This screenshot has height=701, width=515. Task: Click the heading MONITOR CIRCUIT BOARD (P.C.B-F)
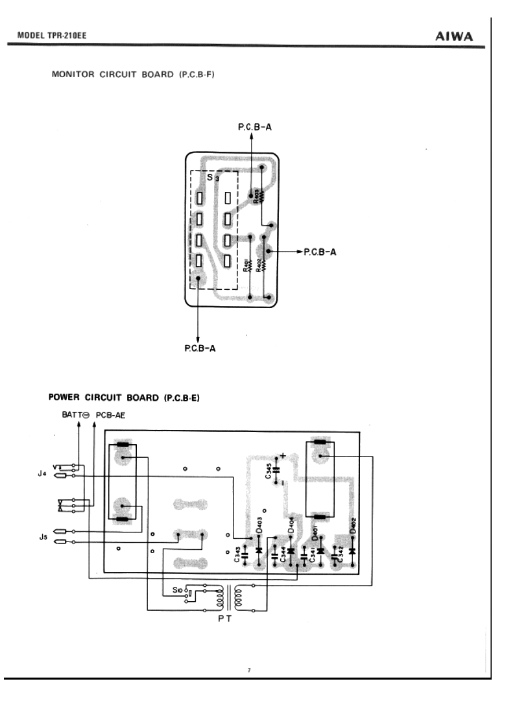[133, 75]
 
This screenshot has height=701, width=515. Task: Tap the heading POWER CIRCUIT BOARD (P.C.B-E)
[124, 398]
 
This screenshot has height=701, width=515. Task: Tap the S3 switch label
[211, 177]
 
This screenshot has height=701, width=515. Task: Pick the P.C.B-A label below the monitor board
[198, 348]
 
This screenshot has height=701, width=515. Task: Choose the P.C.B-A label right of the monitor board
[320, 251]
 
